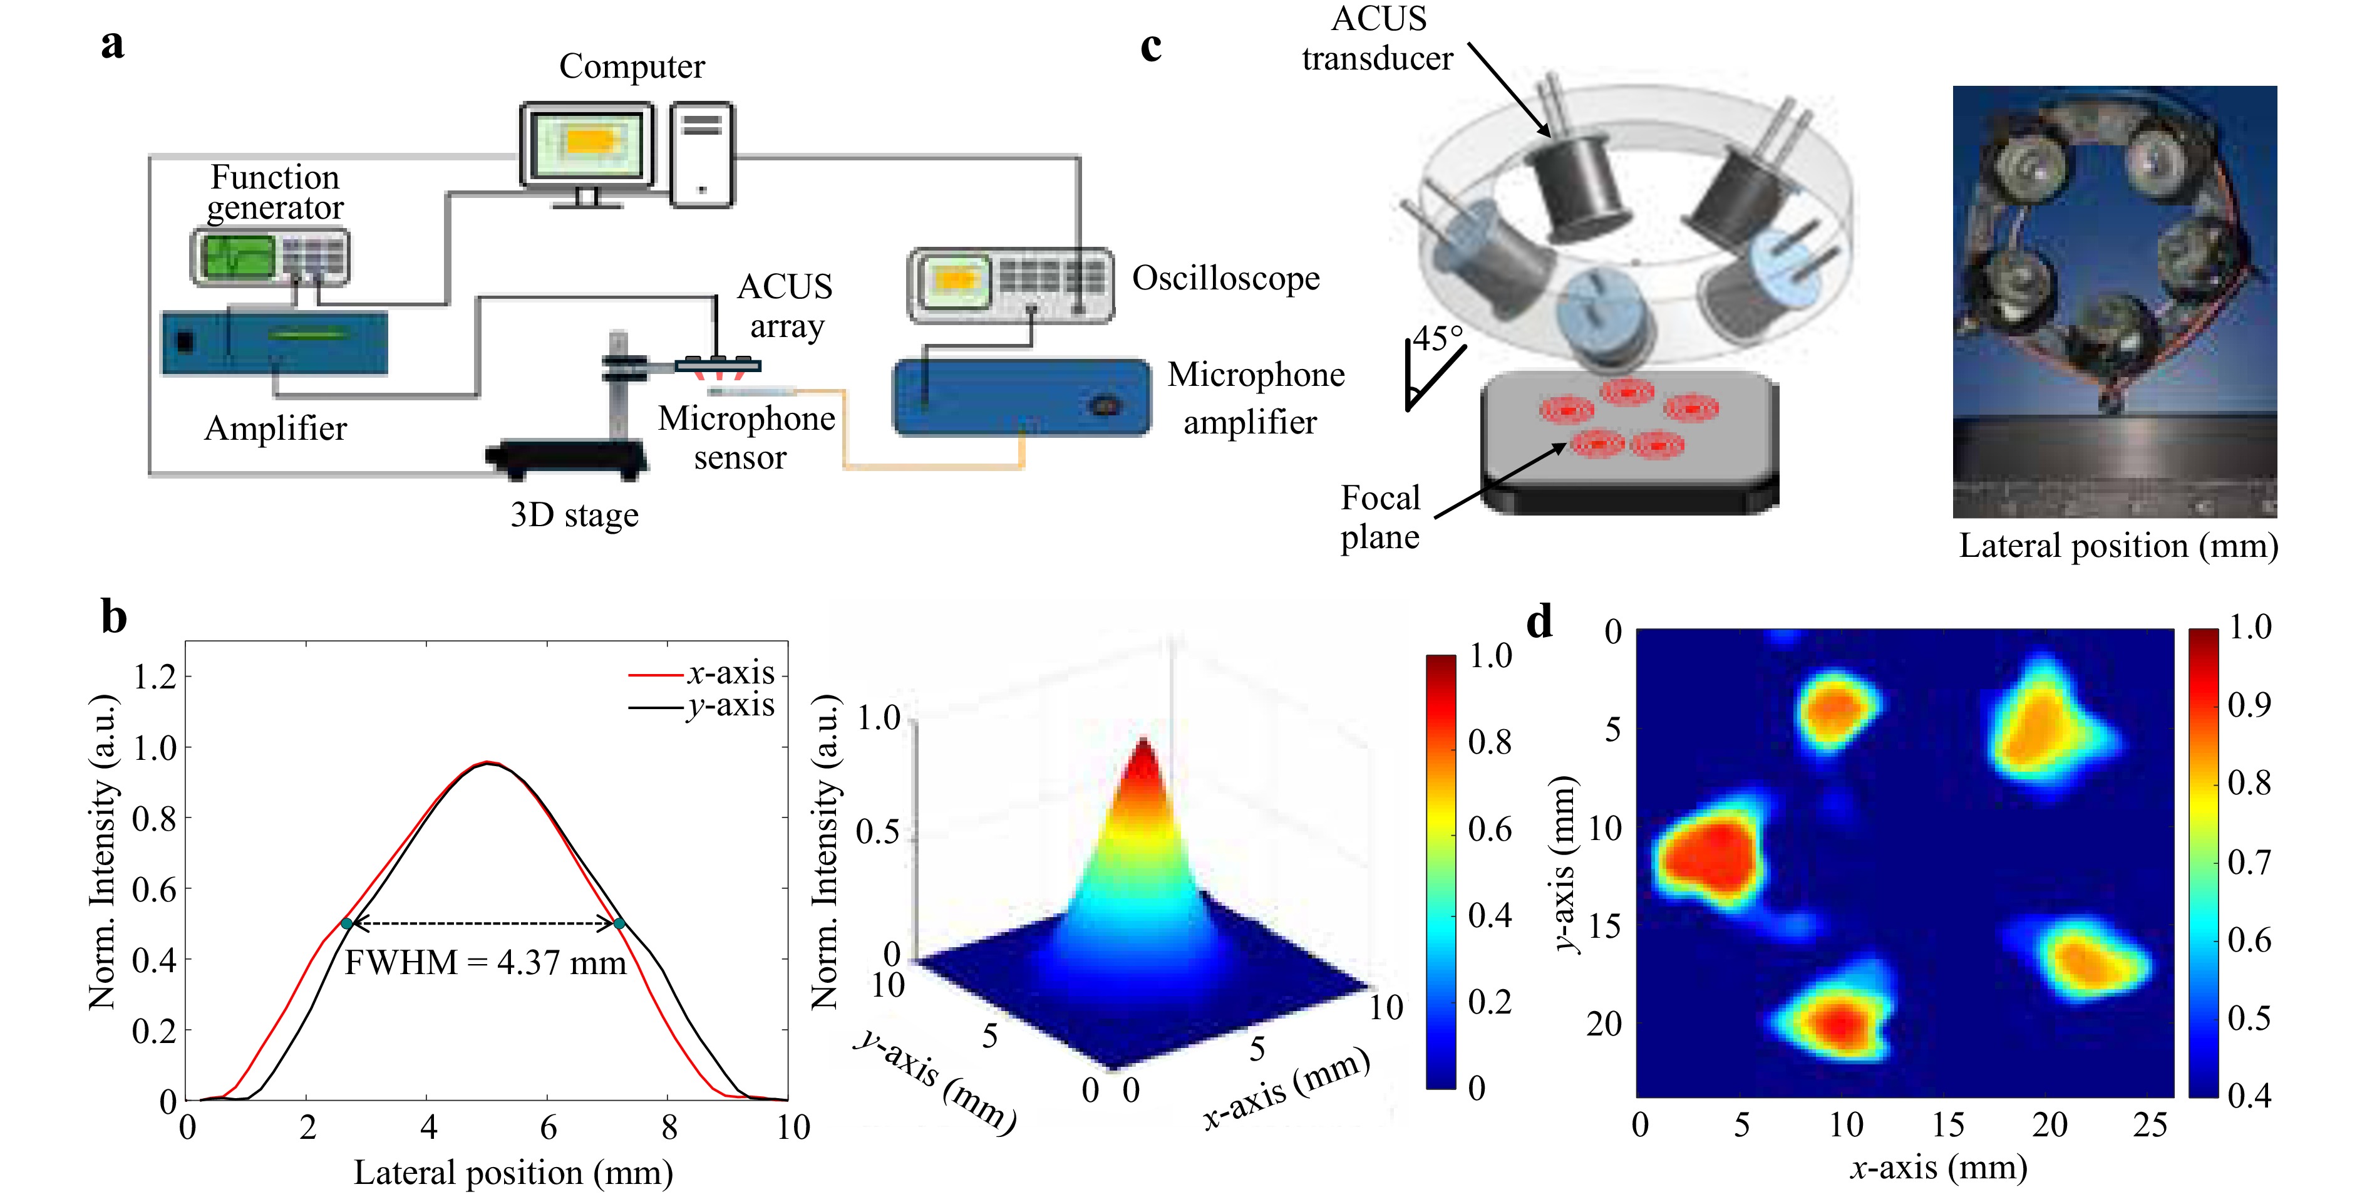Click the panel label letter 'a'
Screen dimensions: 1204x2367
[x=112, y=44]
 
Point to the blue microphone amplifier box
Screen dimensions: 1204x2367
[x=1021, y=397]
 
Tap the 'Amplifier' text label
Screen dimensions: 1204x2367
[x=276, y=428]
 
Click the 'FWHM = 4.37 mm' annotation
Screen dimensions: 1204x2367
[x=485, y=962]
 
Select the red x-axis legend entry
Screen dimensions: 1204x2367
[x=702, y=673]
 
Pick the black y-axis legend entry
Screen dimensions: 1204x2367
[x=702, y=706]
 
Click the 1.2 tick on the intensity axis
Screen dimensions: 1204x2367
[x=155, y=677]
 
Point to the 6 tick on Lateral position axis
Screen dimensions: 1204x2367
[x=548, y=1127]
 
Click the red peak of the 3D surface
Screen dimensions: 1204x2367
[x=1143, y=758]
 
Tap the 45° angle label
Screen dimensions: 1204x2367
[x=1438, y=338]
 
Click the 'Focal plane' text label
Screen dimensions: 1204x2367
[x=1380, y=517]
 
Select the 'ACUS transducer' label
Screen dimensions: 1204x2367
[x=1378, y=39]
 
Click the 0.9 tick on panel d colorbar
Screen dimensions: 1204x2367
[x=2249, y=705]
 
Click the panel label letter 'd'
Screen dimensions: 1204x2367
[x=1539, y=622]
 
